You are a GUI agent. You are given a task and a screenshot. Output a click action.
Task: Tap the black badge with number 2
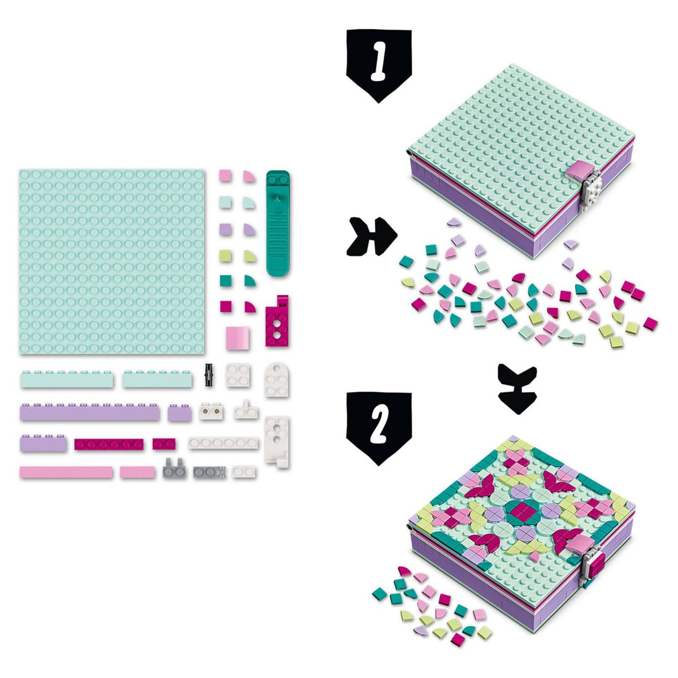(379, 428)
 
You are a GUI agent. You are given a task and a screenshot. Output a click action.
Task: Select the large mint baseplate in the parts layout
(112, 261)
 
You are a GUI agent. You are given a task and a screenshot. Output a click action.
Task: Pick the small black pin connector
(209, 375)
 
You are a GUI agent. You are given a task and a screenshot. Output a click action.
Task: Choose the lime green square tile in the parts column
(225, 255)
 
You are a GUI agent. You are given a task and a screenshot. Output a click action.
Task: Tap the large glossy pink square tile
(238, 338)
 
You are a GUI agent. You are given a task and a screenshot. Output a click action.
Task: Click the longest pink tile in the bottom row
(66, 472)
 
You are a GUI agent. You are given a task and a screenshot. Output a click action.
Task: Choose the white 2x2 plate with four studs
(237, 375)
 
